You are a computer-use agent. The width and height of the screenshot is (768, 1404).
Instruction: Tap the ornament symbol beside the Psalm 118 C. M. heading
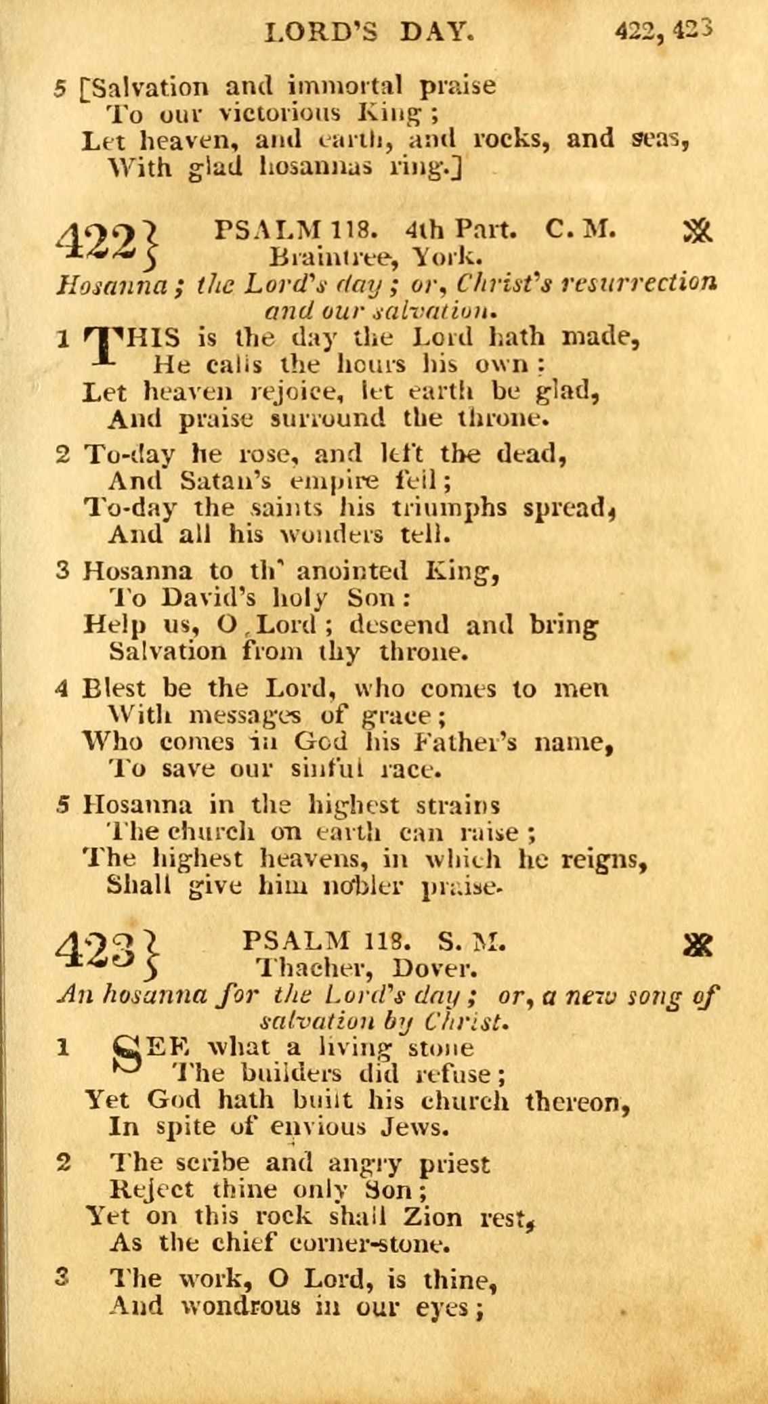coord(698,232)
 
